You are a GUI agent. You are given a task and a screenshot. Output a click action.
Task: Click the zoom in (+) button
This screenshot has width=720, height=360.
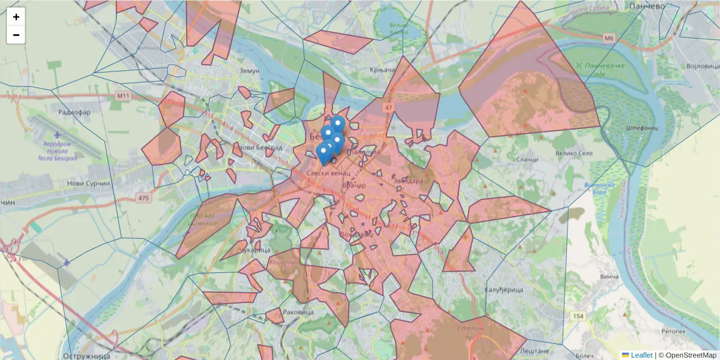click(x=16, y=17)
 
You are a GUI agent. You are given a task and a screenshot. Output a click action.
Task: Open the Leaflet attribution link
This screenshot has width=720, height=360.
click(x=641, y=355)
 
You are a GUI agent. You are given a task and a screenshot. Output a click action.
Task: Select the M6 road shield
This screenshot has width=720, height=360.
click(x=610, y=38)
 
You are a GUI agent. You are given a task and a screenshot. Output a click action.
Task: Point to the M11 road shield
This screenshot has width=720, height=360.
click(x=124, y=95)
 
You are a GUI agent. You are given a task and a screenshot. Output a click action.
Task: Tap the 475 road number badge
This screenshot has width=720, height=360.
click(x=143, y=197)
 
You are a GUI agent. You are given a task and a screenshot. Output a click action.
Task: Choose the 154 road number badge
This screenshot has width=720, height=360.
click(x=578, y=316)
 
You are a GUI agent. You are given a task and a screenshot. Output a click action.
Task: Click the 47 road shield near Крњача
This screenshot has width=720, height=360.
click(x=389, y=108)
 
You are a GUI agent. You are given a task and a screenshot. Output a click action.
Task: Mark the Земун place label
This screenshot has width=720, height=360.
click(x=249, y=70)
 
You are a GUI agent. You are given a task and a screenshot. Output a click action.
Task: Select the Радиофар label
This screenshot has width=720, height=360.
click(x=74, y=112)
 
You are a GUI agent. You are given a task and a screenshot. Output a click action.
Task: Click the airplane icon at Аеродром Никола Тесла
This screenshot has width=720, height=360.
click(x=56, y=134)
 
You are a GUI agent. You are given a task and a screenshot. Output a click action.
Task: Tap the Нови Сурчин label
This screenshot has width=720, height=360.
click(x=89, y=184)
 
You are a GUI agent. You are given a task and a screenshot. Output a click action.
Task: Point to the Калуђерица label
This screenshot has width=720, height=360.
click(x=503, y=290)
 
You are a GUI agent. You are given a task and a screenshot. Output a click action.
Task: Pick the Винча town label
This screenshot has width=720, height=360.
click(x=609, y=277)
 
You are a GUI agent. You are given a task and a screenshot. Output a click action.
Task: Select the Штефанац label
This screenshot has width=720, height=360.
click(x=642, y=128)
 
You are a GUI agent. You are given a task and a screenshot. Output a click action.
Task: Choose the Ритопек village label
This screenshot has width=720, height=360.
click(x=673, y=331)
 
